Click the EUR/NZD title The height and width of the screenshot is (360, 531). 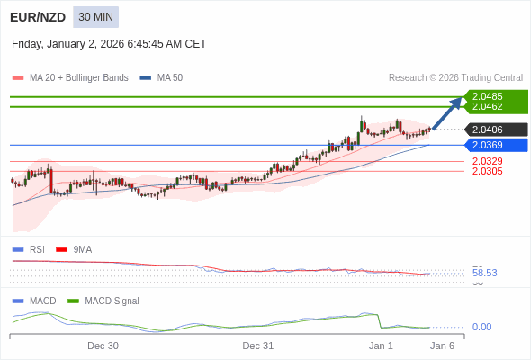pos(37,17)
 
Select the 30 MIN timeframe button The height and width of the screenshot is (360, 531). pos(95,17)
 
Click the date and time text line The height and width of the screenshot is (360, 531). pos(109,43)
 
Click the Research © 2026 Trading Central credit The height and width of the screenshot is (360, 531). pos(455,78)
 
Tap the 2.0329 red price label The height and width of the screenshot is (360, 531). pos(487,161)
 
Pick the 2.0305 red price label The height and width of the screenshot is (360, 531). pos(487,171)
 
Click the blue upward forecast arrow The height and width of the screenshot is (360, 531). pos(447,113)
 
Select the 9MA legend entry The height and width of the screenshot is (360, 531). pos(82,249)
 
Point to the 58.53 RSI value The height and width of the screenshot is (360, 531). pos(484,273)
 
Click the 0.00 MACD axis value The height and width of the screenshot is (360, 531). pos(481,327)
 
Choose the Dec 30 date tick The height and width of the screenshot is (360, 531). pos(103,346)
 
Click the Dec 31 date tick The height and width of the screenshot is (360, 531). pos(257,346)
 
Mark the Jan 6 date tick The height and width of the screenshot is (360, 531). pos(442,346)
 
